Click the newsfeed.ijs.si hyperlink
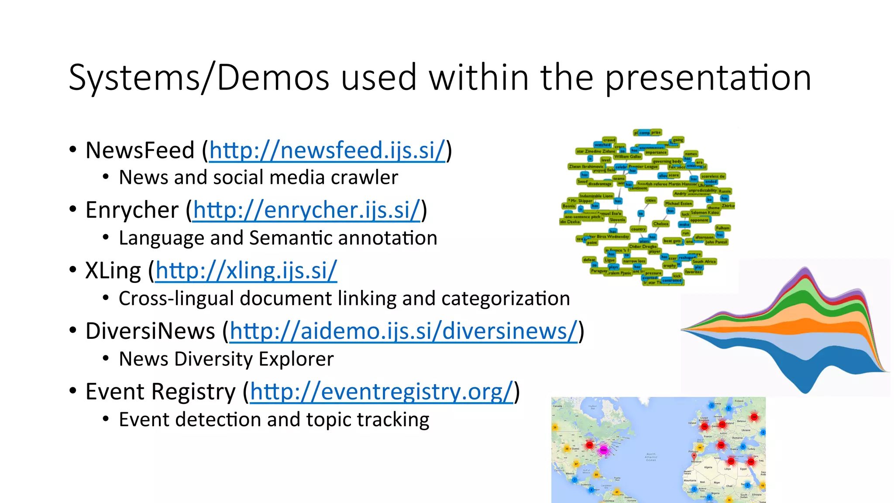tap(327, 151)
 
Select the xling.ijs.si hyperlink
tap(246, 271)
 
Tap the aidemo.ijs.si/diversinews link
tap(403, 331)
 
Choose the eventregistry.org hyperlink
tap(381, 392)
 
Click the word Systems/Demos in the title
tap(199, 78)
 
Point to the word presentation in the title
tap(708, 78)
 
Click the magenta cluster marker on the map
tap(604, 450)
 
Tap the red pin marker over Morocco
tap(694, 456)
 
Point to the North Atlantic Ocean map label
tap(651, 457)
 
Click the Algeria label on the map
tap(708, 467)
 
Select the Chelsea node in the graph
tap(660, 224)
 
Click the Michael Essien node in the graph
tap(678, 203)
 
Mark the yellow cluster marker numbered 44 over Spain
tap(700, 448)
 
